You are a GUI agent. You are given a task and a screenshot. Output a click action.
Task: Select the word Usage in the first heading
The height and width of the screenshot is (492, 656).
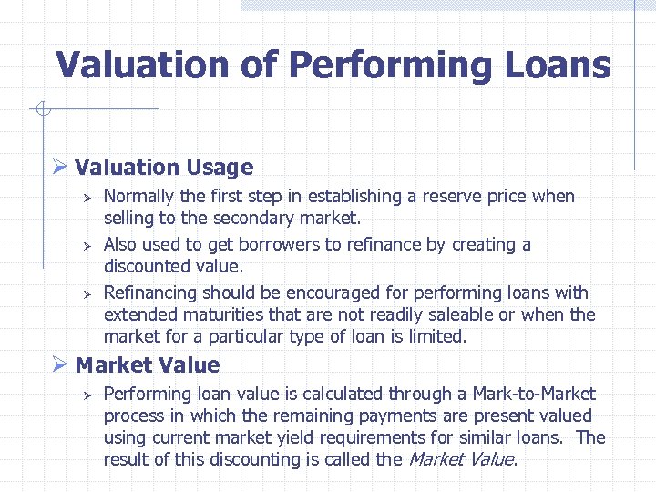[x=220, y=168]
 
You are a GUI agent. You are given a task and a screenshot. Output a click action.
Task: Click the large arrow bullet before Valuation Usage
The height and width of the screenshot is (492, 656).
[x=60, y=168]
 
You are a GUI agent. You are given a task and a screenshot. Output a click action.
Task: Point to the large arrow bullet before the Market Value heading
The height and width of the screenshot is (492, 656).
[x=60, y=365]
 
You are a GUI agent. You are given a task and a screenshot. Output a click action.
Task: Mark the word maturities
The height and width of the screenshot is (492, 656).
[x=214, y=315]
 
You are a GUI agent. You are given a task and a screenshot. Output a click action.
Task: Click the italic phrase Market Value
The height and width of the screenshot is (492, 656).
[x=460, y=460]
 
